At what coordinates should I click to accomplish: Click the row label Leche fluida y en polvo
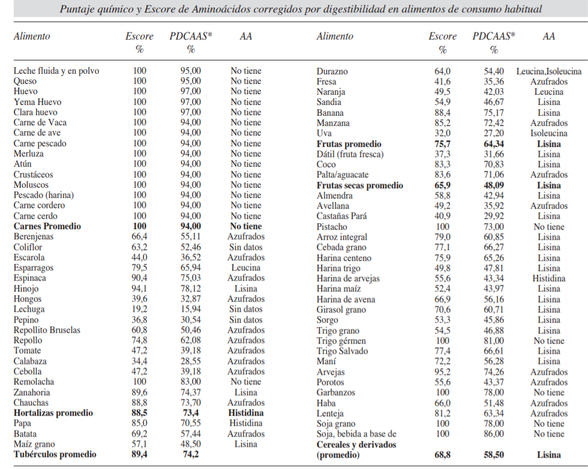(56, 71)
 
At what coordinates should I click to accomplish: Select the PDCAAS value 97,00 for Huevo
(191, 92)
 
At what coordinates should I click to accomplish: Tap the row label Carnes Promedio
(47, 226)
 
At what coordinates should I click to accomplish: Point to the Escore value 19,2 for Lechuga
(139, 309)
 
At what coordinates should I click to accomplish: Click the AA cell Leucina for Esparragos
(246, 267)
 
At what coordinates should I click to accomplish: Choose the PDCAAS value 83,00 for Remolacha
(191, 382)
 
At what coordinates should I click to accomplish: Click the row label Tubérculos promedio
(55, 455)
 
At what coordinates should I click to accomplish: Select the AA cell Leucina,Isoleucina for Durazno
(548, 71)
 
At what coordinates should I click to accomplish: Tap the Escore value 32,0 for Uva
(443, 133)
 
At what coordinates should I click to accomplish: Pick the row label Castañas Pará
(341, 216)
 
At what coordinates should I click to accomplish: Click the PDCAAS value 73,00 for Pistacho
(494, 227)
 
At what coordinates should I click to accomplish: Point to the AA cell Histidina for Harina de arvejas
(548, 278)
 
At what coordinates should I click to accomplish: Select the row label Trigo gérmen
(341, 341)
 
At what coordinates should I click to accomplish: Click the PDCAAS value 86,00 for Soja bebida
(494, 434)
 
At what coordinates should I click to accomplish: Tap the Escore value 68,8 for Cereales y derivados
(443, 455)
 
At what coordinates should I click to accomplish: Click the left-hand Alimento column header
(32, 37)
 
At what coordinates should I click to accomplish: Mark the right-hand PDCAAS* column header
(494, 37)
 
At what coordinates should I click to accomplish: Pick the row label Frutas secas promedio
(360, 185)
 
